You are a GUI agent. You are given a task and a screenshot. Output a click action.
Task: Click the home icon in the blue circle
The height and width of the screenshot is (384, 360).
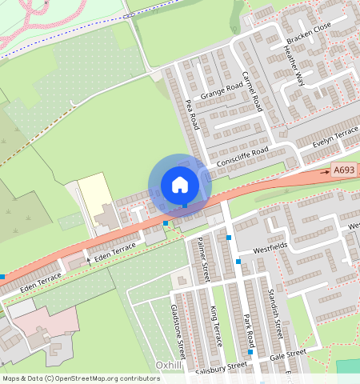pyautogui.click(x=180, y=185)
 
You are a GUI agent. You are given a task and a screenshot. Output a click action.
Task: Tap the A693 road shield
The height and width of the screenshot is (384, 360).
pyautogui.click(x=344, y=170)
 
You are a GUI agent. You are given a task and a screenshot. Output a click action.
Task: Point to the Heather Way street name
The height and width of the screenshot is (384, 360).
pyautogui.click(x=294, y=66)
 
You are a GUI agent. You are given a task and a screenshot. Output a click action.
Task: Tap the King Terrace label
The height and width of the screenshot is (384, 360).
pyautogui.click(x=214, y=325)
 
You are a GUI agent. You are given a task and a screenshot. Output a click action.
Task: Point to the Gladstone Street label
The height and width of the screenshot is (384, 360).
pyautogui.click(x=177, y=330)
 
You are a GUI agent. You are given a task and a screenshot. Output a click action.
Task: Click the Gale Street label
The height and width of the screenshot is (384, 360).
pyautogui.click(x=288, y=353)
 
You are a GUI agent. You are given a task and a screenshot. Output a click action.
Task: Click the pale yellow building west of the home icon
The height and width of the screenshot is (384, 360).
pyautogui.click(x=94, y=191)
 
